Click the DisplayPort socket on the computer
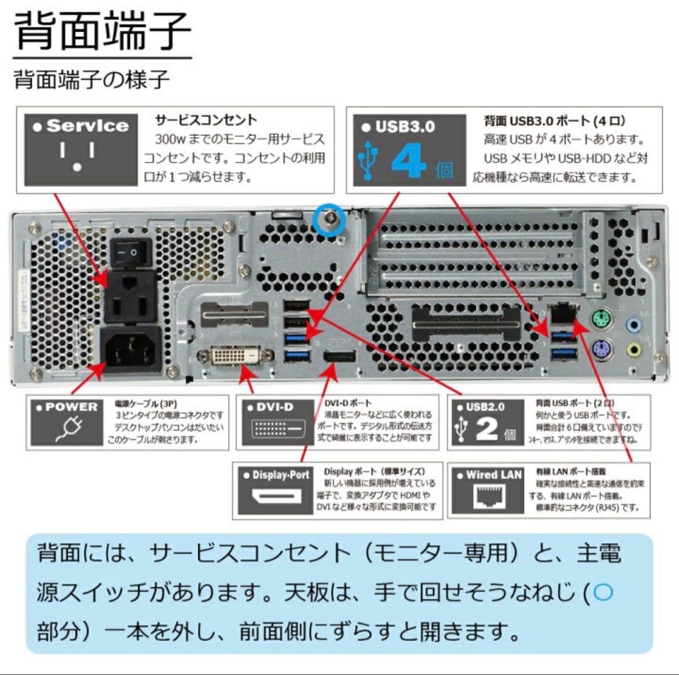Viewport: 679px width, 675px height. [x=340, y=358]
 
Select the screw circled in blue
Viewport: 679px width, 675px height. [x=329, y=220]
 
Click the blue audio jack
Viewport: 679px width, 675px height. [x=634, y=325]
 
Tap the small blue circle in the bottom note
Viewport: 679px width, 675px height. [x=602, y=593]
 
